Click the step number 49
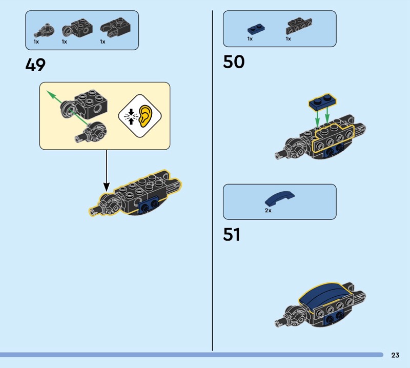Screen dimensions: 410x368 pos(35,65)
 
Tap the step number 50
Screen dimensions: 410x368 pos(234,62)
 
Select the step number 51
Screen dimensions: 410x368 pos(232,235)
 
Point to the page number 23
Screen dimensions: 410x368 pos(395,355)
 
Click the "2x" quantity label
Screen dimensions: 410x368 pos(268,211)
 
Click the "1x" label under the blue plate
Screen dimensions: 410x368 pos(250,39)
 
